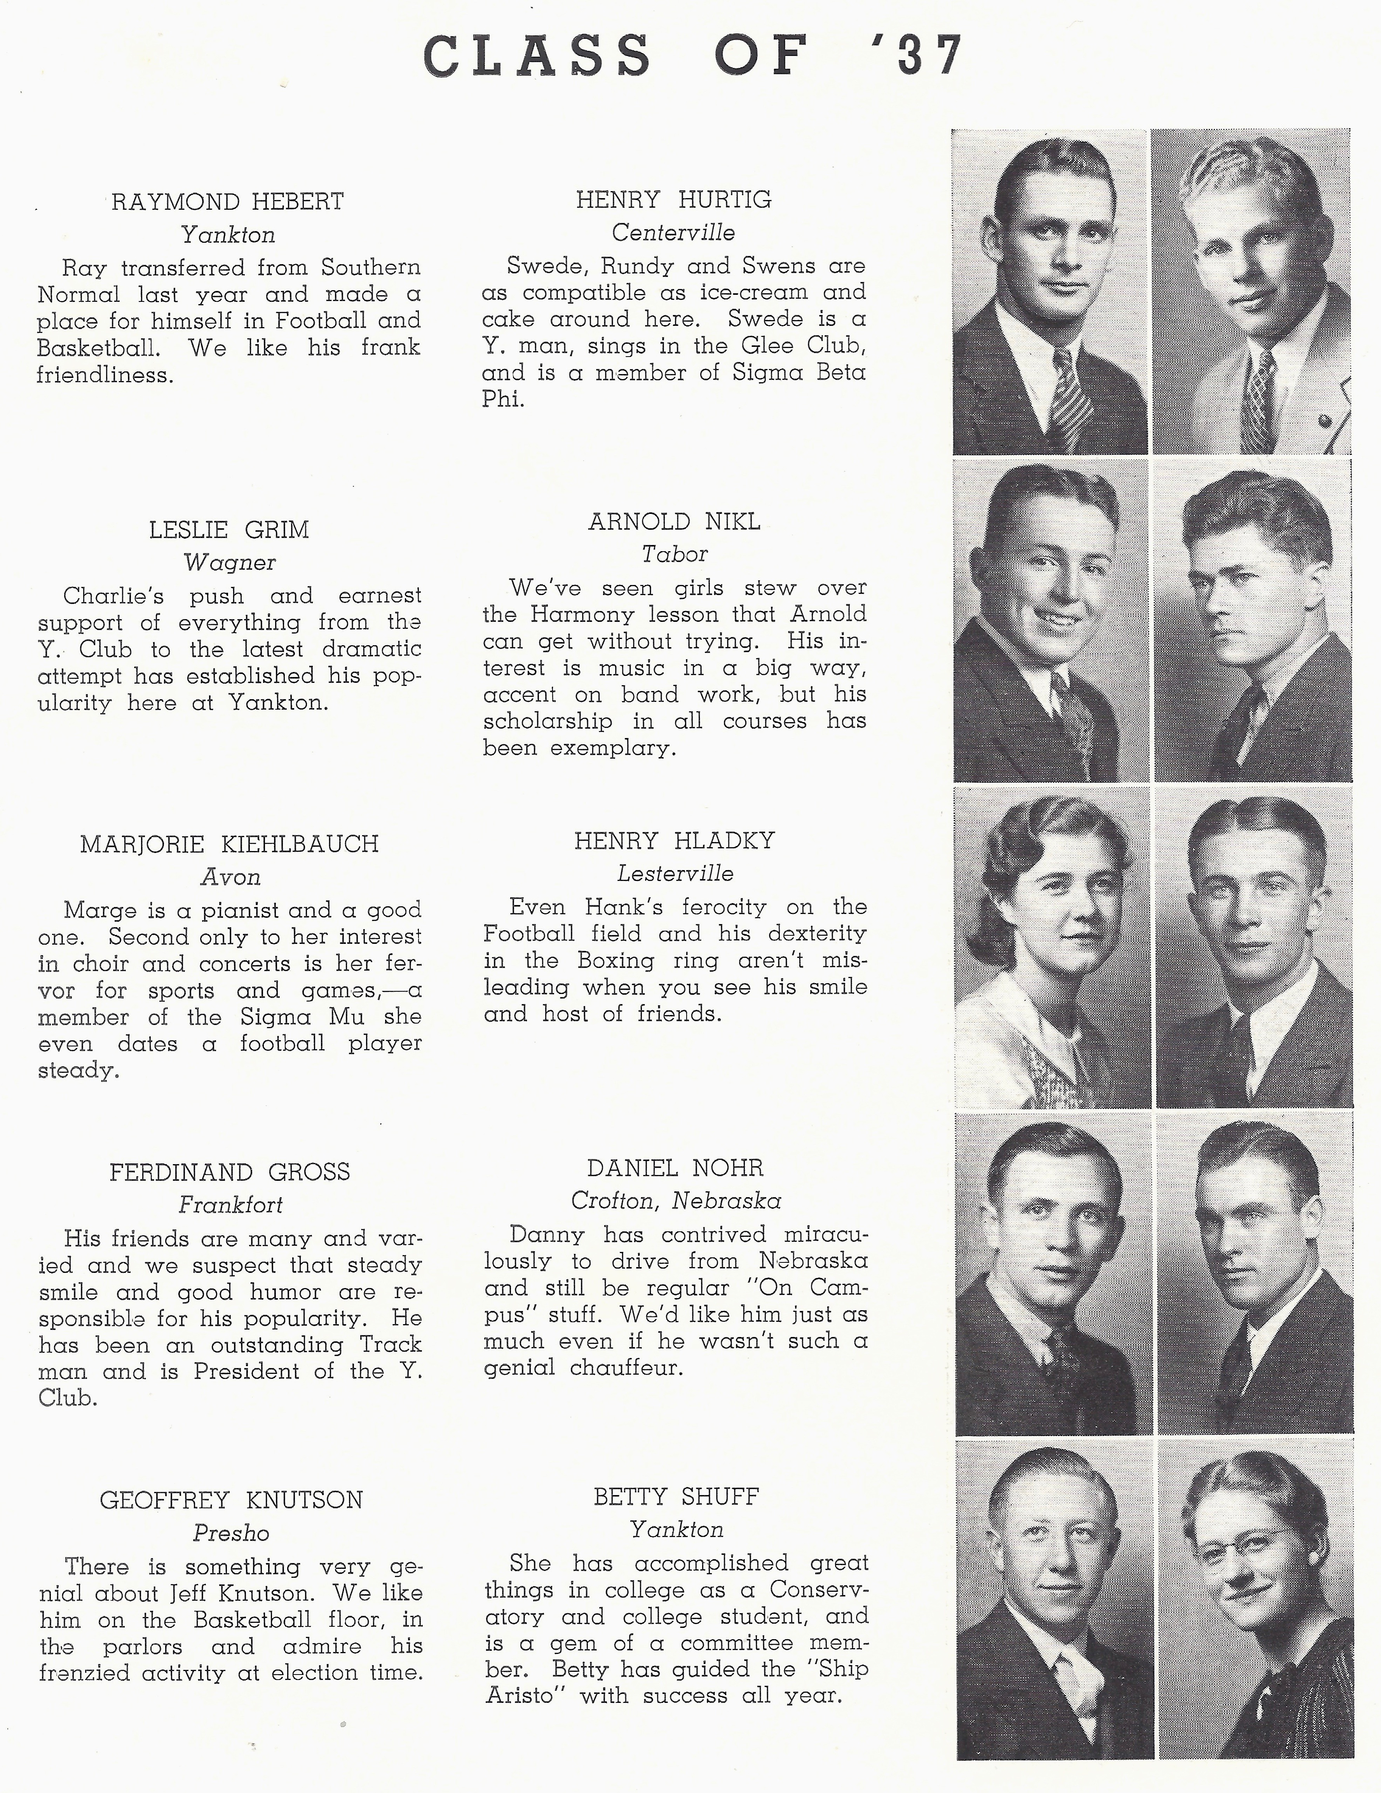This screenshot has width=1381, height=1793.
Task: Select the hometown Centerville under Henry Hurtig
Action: pyautogui.click(x=673, y=233)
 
